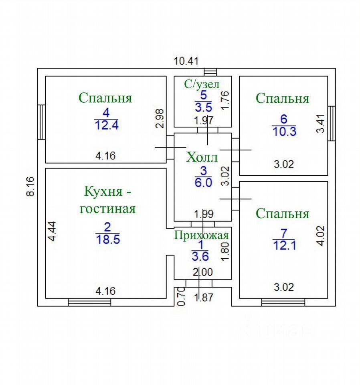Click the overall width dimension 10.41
click(186, 61)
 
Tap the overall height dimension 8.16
click(30, 186)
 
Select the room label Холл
click(202, 157)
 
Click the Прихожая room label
click(202, 235)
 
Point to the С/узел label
click(202, 84)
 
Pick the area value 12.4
click(107, 125)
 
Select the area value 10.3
click(284, 132)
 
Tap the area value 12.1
click(284, 245)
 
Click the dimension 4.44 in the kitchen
click(52, 231)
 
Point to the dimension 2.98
click(160, 118)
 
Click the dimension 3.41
click(320, 124)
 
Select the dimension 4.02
click(320, 236)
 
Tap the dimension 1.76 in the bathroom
click(225, 100)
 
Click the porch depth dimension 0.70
click(181, 296)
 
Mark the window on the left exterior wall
click(41, 122)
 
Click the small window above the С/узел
click(210, 72)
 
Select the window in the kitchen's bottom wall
click(89, 302)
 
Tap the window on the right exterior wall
click(332, 123)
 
